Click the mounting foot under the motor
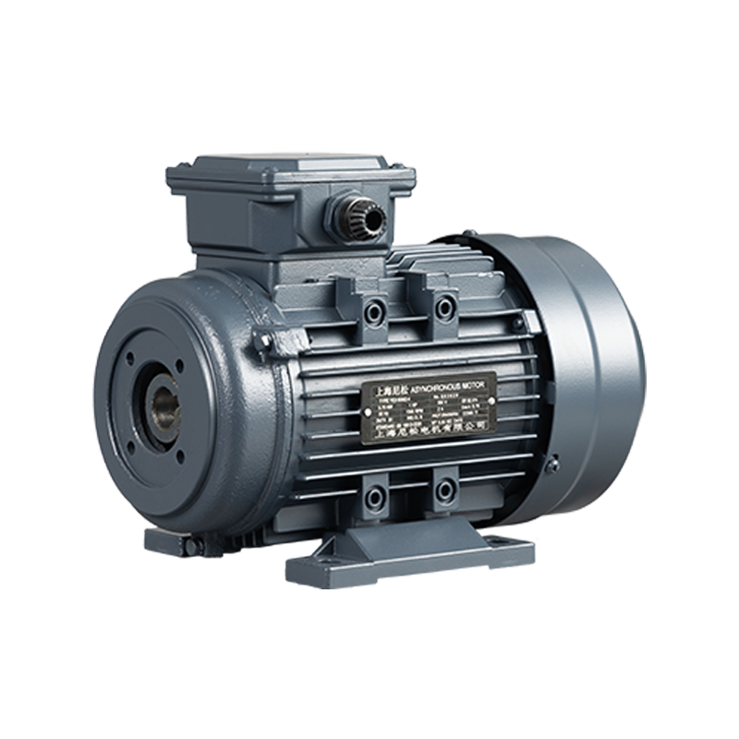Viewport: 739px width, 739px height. click(406, 554)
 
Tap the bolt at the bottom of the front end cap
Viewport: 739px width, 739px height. click(192, 546)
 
